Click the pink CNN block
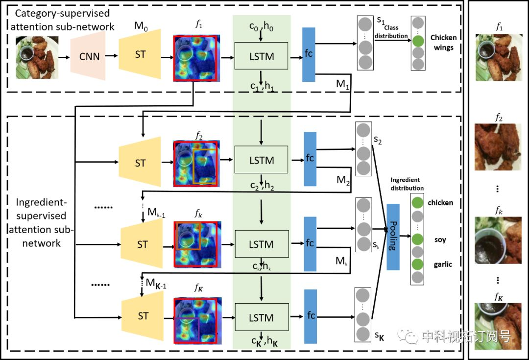click(x=88, y=56)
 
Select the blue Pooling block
click(x=393, y=237)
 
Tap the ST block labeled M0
click(x=140, y=54)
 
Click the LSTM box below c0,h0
click(x=261, y=56)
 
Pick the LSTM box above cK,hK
click(x=262, y=317)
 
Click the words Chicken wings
click(x=443, y=43)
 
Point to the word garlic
click(x=443, y=264)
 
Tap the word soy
click(x=440, y=240)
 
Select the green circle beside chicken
click(x=417, y=202)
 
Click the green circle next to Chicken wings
click(x=418, y=41)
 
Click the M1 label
click(x=343, y=84)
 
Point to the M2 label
click(x=343, y=180)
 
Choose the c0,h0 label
click(x=261, y=26)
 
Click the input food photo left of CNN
click(x=37, y=57)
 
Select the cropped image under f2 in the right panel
click(x=498, y=147)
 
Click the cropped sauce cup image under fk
click(x=498, y=240)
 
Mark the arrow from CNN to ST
click(x=111, y=56)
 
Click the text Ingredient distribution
click(x=407, y=184)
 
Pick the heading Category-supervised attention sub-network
click(x=62, y=20)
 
